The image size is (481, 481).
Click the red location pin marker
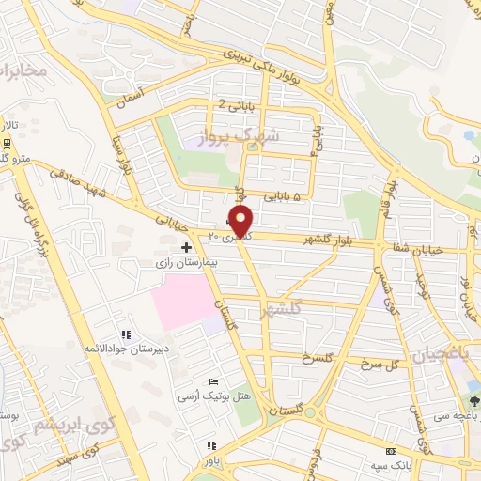click(241, 222)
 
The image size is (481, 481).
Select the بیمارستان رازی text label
click(187, 264)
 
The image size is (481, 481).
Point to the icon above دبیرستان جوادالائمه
click(125, 334)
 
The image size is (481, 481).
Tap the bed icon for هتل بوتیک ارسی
click(213, 381)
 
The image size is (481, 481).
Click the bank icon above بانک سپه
click(392, 452)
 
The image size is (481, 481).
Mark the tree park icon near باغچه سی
click(474, 401)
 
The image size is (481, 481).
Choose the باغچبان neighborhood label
click(438, 354)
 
